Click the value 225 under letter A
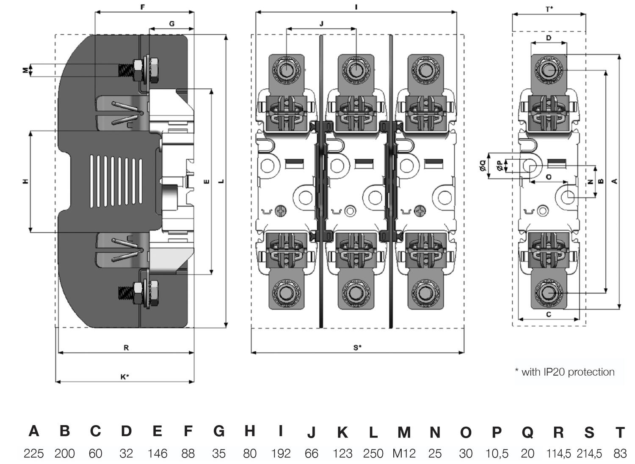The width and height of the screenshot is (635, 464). tap(33, 453)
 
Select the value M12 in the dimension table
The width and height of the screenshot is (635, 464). tap(404, 453)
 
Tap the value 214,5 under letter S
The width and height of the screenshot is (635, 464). tap(589, 453)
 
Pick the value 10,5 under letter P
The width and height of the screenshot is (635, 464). tap(497, 453)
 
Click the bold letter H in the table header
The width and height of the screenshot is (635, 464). tap(250, 431)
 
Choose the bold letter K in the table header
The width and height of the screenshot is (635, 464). tap(342, 432)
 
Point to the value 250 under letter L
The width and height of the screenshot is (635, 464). tap(373, 453)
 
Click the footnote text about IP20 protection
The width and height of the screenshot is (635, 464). tap(565, 372)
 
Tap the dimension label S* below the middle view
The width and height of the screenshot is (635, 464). tap(358, 347)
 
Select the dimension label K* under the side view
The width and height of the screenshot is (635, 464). tap(124, 377)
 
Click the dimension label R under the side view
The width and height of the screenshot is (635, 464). tap(126, 348)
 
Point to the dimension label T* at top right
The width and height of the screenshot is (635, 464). tap(549, 9)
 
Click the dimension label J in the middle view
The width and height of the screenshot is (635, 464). tap(321, 24)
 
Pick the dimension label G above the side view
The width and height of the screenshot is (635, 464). tap(171, 24)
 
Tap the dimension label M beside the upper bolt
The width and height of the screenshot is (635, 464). tap(26, 70)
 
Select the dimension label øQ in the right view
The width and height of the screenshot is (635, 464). tap(483, 166)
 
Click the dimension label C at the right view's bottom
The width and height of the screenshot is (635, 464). tap(549, 314)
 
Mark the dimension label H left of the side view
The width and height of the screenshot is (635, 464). tap(26, 181)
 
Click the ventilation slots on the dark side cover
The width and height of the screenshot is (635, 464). tap(116, 182)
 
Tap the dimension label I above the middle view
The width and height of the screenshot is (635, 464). tap(356, 7)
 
